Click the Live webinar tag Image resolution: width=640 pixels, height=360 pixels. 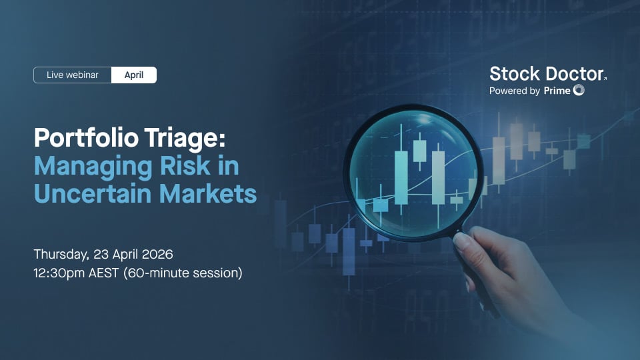pos(72,75)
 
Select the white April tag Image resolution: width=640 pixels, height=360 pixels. pos(134,75)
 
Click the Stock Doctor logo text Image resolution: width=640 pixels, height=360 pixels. pos(547,74)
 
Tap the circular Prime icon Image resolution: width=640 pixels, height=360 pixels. pos(579,91)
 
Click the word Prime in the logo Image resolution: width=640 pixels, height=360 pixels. pos(557,91)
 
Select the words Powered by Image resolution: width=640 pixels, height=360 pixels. pos(514,91)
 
